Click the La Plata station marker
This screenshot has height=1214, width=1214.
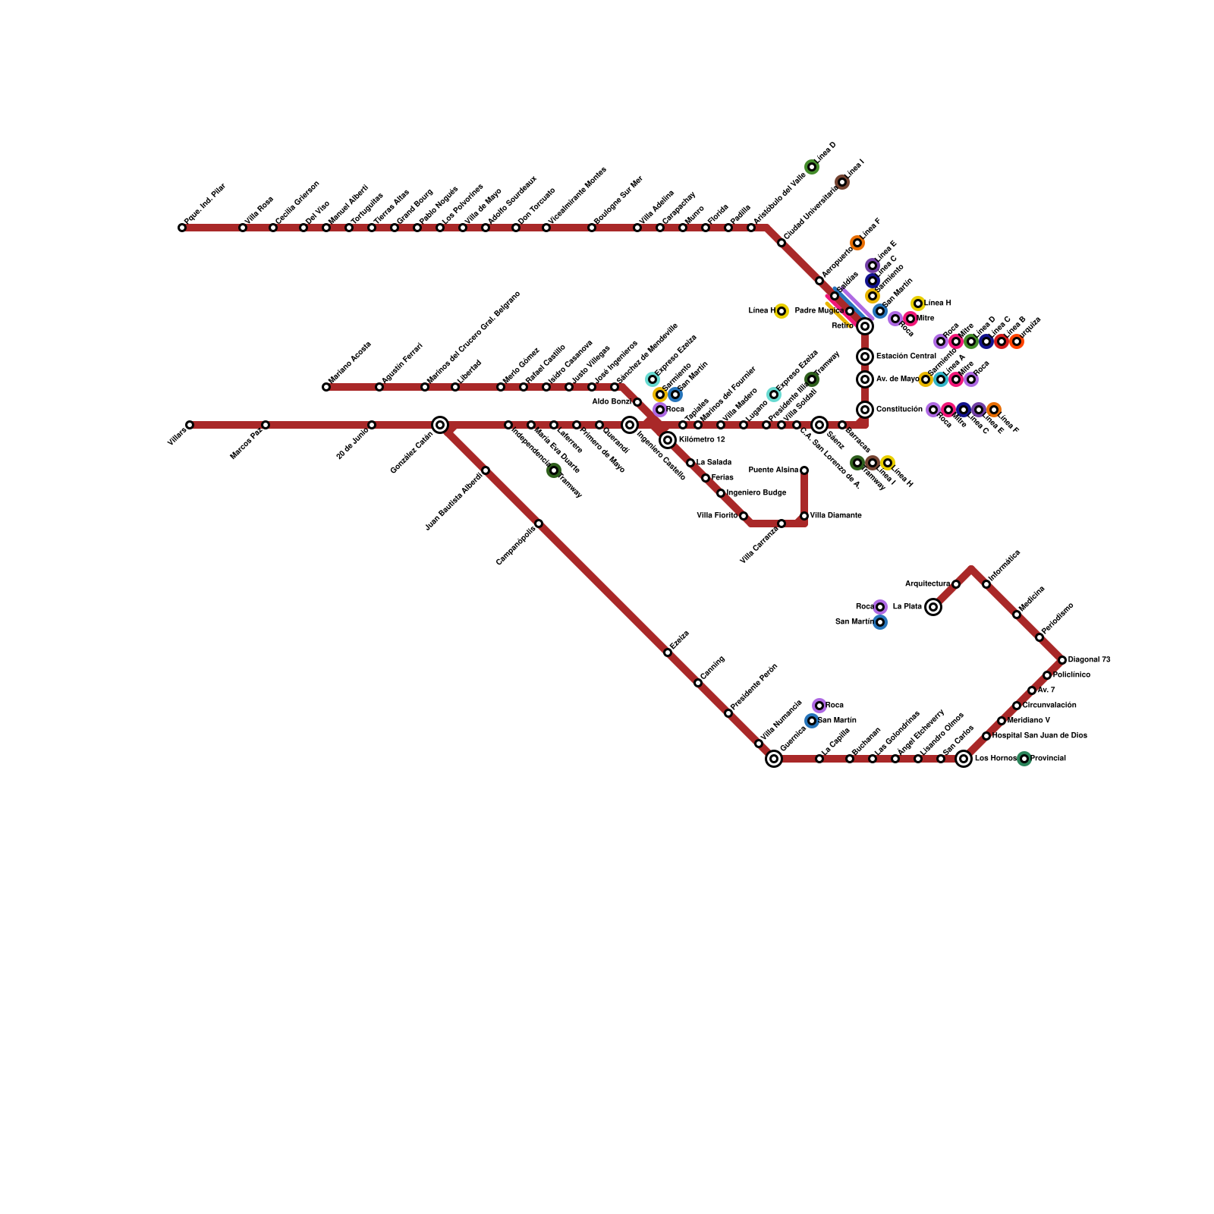[x=933, y=607]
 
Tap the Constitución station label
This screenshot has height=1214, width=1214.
[x=899, y=410]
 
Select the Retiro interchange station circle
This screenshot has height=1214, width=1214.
[x=865, y=326]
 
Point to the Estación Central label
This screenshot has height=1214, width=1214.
[x=906, y=357]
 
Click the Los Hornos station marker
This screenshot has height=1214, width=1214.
[x=964, y=759]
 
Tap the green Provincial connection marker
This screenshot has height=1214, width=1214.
[x=1024, y=759]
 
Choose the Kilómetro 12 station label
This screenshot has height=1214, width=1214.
[x=702, y=440]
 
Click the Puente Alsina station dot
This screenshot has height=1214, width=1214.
[x=804, y=470]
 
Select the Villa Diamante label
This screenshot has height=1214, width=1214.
[x=835, y=516]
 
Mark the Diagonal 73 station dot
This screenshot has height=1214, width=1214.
[x=1062, y=660]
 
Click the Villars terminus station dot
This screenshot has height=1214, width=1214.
[x=190, y=425]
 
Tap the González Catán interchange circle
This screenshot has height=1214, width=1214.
[x=440, y=425]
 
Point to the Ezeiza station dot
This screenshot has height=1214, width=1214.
[x=668, y=653]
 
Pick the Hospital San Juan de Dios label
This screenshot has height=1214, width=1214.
[x=1039, y=736]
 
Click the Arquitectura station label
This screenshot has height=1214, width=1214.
[x=927, y=584]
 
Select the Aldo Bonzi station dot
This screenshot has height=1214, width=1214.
[x=637, y=402]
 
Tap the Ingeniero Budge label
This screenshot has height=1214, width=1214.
[x=756, y=493]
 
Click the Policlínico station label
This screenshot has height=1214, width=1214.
[x=1071, y=675]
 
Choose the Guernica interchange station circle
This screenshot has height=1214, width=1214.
[x=774, y=759]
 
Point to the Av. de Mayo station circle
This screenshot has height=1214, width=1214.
[x=865, y=379]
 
